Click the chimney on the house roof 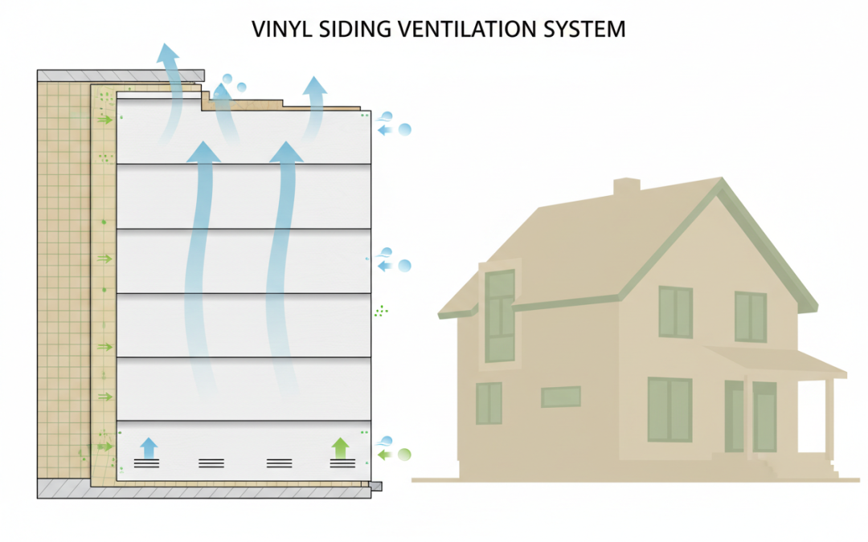(627, 186)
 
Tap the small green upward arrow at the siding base (340, 447)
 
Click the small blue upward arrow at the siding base (149, 447)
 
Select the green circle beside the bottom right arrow (404, 454)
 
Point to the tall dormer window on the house (500, 316)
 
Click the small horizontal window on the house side (561, 397)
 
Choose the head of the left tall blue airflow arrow (203, 152)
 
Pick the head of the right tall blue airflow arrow (286, 152)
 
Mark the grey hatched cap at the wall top (121, 75)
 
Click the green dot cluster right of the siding (381, 311)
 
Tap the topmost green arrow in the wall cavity (105, 120)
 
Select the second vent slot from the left (211, 463)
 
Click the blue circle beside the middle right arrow (404, 266)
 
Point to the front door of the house (764, 417)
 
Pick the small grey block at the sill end (375, 486)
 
